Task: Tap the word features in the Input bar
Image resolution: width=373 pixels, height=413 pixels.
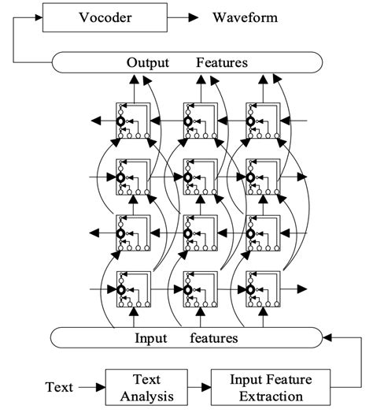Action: coord(213,338)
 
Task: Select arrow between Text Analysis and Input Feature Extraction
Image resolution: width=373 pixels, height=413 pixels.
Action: coord(200,387)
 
